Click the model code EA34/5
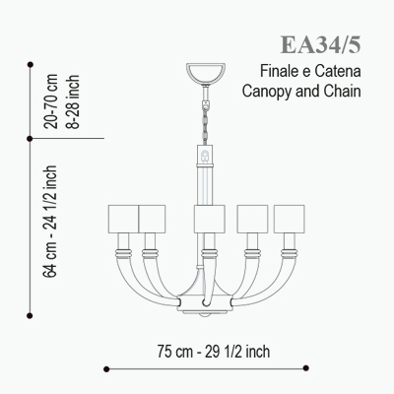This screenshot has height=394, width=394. [x=320, y=44]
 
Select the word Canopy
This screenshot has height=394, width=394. [x=267, y=91]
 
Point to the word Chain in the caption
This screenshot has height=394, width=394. [x=342, y=91]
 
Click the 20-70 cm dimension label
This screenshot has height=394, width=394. [x=51, y=101]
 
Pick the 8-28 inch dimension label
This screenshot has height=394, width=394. [x=73, y=101]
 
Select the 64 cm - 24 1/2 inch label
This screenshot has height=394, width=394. [x=50, y=222]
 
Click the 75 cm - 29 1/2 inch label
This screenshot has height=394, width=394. [x=214, y=352]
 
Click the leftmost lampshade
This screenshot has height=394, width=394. [x=123, y=219]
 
